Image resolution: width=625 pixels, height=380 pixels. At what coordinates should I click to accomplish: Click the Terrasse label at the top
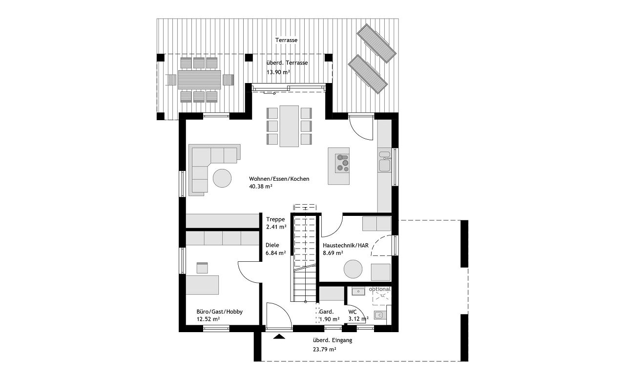click(286, 40)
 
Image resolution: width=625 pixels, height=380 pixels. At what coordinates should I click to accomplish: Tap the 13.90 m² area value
click(278, 72)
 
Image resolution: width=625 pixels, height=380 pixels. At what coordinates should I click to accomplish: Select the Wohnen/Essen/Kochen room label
click(279, 179)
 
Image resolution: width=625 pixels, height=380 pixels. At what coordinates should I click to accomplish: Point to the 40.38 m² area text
click(261, 187)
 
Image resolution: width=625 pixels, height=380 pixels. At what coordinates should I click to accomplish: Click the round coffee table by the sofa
click(222, 178)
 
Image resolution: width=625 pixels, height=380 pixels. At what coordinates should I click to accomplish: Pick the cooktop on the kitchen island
click(342, 164)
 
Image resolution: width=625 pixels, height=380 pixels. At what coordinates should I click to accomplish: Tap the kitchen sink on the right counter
click(384, 162)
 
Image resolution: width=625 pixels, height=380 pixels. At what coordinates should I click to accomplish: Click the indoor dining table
click(290, 126)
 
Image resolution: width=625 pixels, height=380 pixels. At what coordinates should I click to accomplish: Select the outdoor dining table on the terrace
click(199, 80)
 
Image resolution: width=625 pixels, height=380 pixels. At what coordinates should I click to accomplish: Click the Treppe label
click(275, 219)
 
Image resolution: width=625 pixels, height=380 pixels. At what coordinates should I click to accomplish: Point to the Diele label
click(272, 245)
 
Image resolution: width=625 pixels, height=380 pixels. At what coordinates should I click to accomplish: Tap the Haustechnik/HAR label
click(346, 246)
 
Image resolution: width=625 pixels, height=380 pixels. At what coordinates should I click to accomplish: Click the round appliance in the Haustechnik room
click(353, 269)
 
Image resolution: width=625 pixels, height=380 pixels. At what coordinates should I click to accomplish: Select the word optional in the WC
click(380, 289)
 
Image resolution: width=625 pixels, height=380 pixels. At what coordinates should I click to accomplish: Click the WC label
click(353, 312)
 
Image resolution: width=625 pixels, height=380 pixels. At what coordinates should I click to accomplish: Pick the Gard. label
click(327, 312)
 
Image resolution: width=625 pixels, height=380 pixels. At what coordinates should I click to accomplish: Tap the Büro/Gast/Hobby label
click(220, 312)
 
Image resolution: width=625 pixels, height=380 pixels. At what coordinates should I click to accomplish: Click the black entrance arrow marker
click(279, 337)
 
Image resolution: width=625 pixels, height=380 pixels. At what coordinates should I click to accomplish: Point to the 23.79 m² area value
click(325, 349)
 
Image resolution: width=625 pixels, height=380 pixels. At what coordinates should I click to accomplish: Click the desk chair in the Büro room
click(202, 268)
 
